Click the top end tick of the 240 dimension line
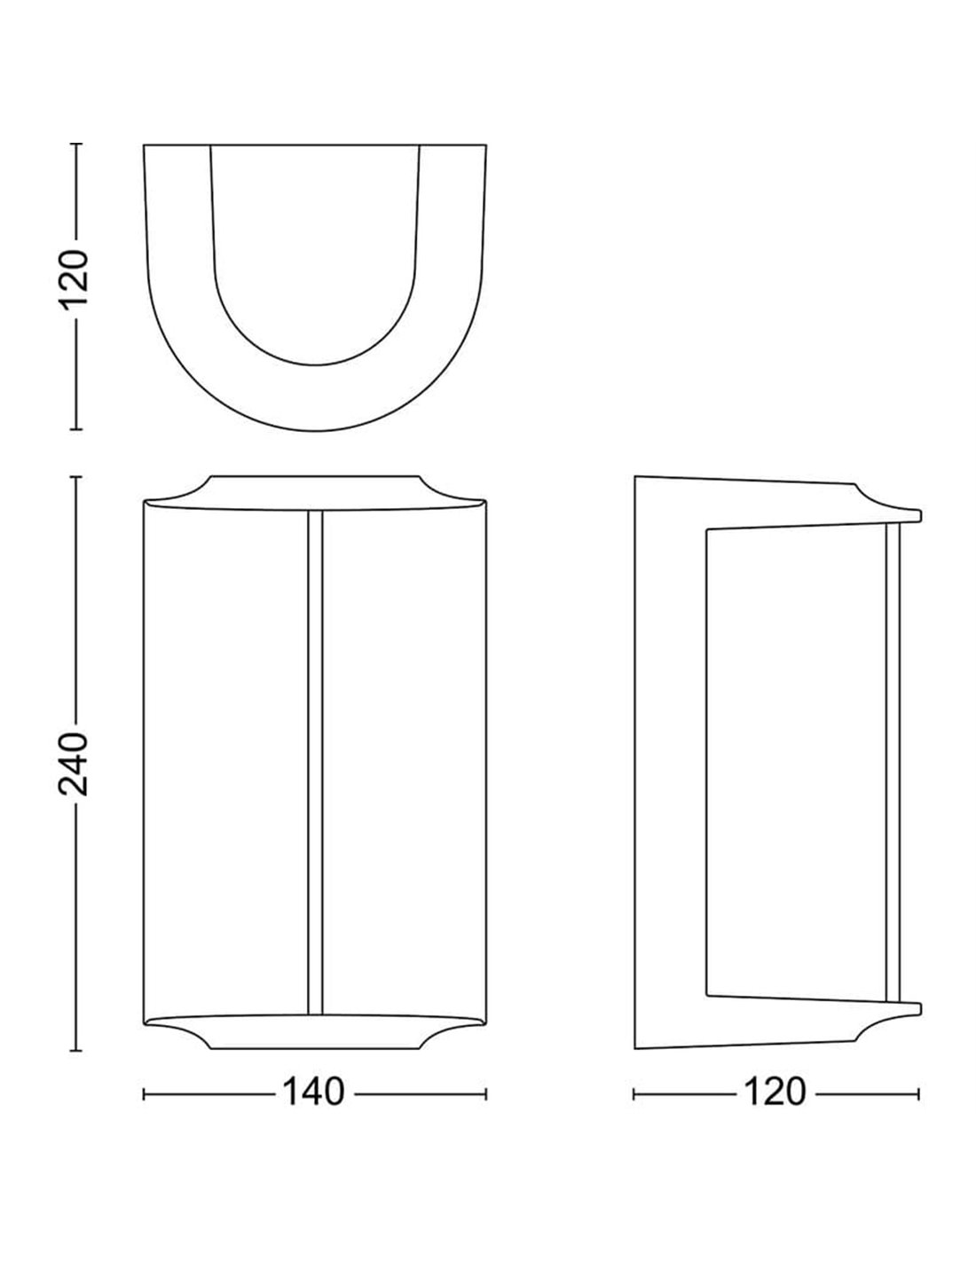[76, 477]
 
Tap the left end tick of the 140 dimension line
[144, 1094]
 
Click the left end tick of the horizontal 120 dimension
[634, 1094]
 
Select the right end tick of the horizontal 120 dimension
[918, 1094]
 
